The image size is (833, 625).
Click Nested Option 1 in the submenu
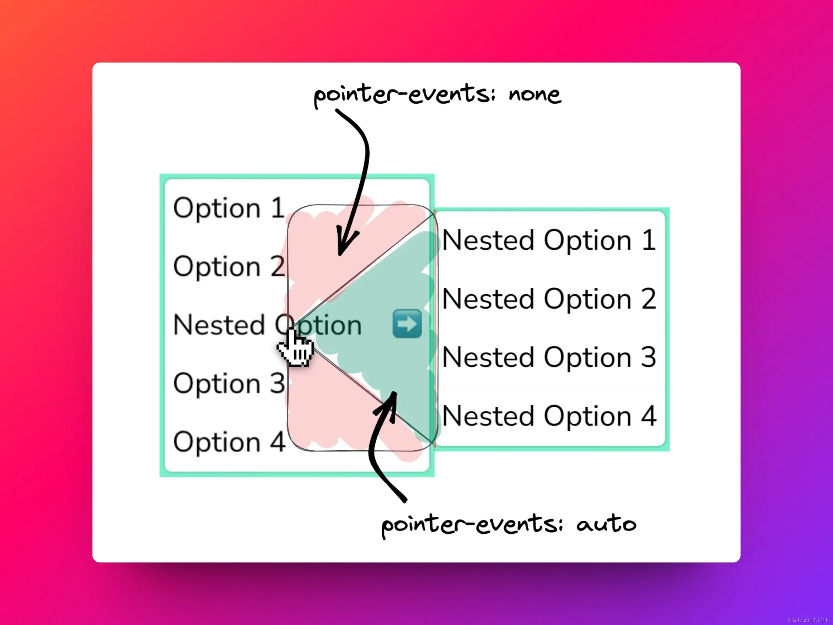(x=549, y=240)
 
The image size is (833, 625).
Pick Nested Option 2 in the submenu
(x=549, y=299)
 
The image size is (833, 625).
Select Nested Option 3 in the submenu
(x=549, y=357)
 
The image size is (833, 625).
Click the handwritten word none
(x=535, y=94)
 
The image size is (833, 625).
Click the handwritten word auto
(x=606, y=524)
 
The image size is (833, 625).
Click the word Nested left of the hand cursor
(x=219, y=325)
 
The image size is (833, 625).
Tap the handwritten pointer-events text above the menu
(x=405, y=94)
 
